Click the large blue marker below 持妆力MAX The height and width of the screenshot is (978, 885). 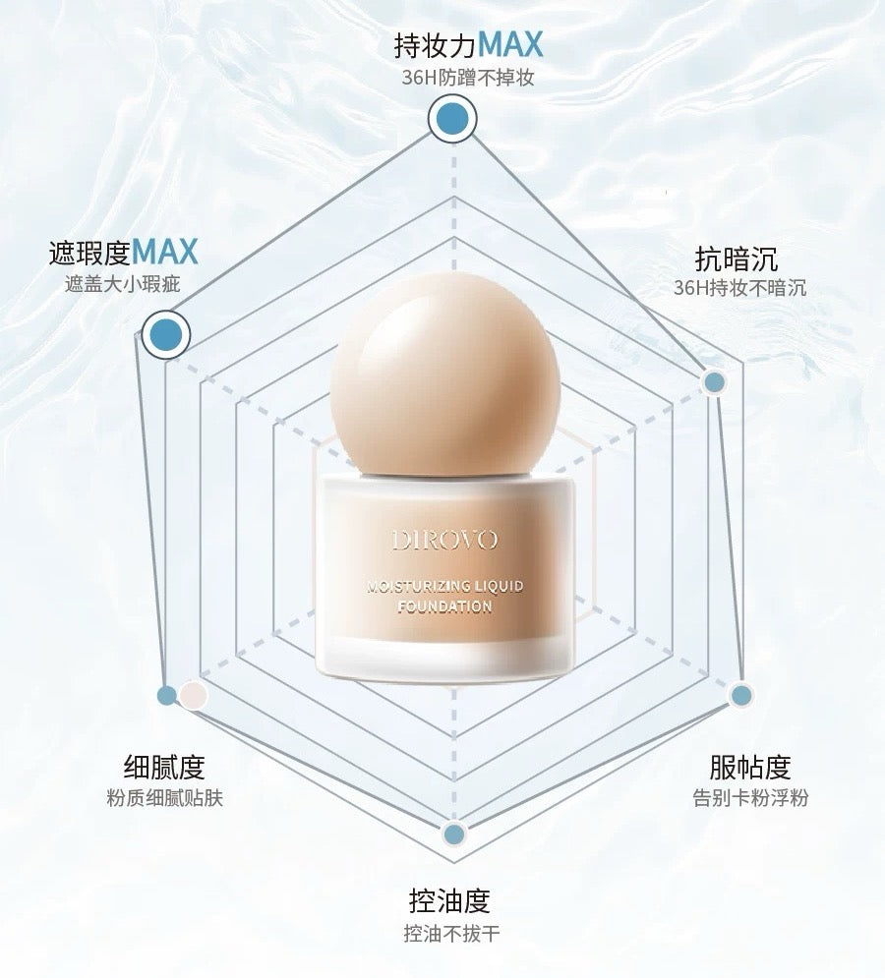[452, 120]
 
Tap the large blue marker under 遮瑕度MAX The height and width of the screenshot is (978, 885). [165, 335]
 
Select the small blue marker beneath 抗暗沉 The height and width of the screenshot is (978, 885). [715, 382]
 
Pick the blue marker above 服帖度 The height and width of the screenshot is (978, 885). [741, 696]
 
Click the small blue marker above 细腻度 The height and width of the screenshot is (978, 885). [167, 695]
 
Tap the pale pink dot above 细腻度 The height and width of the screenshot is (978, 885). [194, 695]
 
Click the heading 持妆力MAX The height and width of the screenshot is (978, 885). [468, 45]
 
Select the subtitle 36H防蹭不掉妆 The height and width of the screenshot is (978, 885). [468, 78]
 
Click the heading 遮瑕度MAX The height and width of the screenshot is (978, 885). [124, 253]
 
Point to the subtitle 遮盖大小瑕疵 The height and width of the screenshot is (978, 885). [123, 285]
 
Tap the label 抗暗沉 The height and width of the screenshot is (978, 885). [737, 259]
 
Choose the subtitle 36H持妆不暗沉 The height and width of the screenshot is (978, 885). [740, 288]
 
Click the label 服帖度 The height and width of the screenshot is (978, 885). [750, 767]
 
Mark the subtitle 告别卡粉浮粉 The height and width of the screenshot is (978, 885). [750, 797]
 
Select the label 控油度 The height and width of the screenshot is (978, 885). [449, 900]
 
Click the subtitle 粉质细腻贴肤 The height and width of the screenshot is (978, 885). [165, 797]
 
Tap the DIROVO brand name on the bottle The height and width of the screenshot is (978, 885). [445, 540]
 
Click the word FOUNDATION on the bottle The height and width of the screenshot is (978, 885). [445, 607]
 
